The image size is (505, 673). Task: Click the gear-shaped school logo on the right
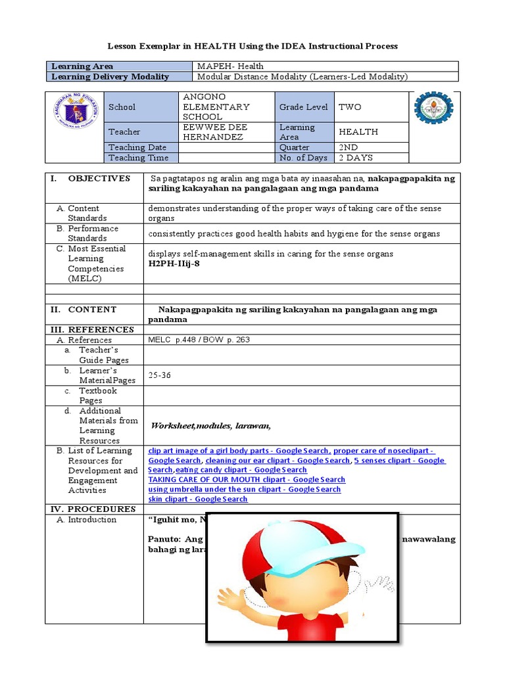[x=433, y=108]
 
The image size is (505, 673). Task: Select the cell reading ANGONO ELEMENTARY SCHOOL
[x=216, y=106]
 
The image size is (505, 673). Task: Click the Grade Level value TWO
[x=349, y=106]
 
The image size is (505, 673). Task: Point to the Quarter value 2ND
[x=348, y=148]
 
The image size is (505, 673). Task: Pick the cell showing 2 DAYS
[x=355, y=158]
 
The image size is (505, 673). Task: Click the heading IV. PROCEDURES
[x=93, y=509]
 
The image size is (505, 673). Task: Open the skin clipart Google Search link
[x=198, y=499]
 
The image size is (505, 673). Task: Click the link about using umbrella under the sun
[x=245, y=489]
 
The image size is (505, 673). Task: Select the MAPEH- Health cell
[x=230, y=66]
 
